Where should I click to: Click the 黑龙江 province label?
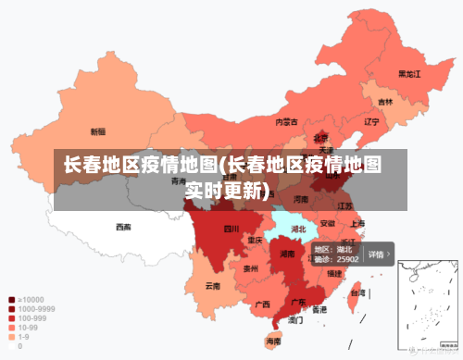[x=409, y=73]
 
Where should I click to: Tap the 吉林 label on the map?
[x=385, y=102]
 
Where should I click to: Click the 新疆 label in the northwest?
[x=97, y=131]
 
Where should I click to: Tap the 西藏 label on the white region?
[x=123, y=226]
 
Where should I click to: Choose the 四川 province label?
[x=231, y=228]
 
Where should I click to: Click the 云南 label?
[x=213, y=286]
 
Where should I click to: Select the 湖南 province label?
[x=287, y=253]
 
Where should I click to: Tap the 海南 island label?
[x=273, y=341]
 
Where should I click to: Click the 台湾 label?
[x=355, y=292]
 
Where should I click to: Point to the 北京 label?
[x=320, y=137]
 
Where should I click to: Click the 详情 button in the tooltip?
[x=379, y=254]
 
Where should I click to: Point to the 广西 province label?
[x=262, y=304]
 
